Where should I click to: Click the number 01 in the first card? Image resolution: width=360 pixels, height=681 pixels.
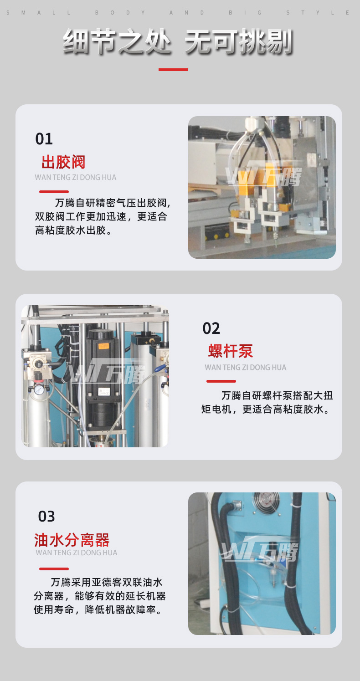(44, 139)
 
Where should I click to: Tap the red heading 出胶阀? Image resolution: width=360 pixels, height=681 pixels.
(63, 162)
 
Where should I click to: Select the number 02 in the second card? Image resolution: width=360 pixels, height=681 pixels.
(211, 328)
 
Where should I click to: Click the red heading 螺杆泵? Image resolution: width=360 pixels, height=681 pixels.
(231, 351)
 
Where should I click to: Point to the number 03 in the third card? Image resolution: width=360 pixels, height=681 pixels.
(46, 516)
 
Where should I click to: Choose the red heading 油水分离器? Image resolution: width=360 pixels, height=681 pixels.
(72, 540)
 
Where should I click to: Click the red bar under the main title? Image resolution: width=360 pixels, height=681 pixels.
(173, 70)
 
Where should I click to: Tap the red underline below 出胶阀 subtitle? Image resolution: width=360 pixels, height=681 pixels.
(54, 192)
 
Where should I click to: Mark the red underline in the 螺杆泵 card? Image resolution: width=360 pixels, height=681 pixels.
(221, 381)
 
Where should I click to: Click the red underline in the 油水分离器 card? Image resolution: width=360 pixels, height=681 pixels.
(54, 569)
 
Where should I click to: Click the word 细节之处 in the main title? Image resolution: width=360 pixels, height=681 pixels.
(118, 41)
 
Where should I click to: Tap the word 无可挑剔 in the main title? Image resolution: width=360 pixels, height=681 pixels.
(239, 41)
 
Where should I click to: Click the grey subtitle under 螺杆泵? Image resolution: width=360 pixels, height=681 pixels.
(245, 367)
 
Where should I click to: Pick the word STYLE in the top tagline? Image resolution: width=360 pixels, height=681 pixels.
(318, 13)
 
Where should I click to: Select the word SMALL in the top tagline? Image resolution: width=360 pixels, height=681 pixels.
(38, 13)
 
